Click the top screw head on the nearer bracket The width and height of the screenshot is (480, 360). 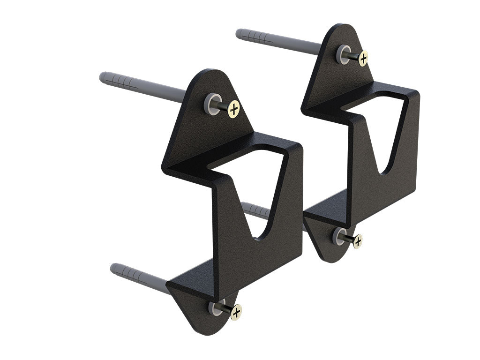pos(234,110)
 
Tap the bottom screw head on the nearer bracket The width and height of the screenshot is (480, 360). pos(236,312)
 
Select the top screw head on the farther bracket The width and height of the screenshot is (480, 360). pos(363,59)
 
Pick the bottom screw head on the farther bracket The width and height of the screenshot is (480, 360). pos(357,241)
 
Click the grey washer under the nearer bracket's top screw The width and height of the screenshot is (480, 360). pos(211,103)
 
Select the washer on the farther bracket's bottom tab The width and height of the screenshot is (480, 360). pos(338,236)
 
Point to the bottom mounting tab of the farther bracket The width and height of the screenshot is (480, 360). pos(328,234)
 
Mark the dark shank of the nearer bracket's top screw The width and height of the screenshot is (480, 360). pos(222,106)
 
